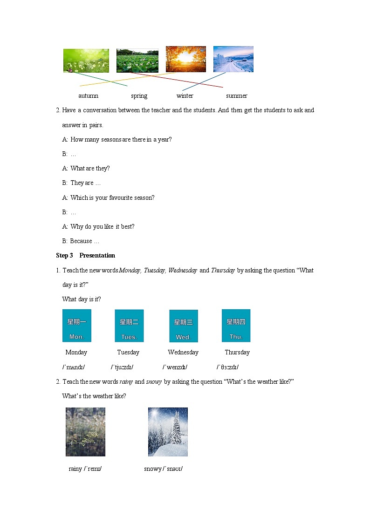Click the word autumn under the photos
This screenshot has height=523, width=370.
[x=88, y=96]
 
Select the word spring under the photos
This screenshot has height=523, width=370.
[x=139, y=96]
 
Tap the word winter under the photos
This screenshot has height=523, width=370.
[x=185, y=96]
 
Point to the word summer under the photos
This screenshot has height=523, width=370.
[x=236, y=96]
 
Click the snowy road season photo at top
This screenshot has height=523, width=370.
[x=233, y=59]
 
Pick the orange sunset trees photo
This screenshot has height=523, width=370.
[x=185, y=59]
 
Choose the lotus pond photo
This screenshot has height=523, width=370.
[x=137, y=61]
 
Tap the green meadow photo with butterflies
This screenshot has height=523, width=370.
[x=86, y=61]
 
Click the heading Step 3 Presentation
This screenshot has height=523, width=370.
[x=85, y=256]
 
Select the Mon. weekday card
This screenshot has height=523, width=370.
[x=76, y=326]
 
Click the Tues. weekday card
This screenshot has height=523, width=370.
[x=129, y=326]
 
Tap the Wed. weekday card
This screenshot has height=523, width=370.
[x=183, y=326]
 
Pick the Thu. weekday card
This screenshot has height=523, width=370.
[x=236, y=325]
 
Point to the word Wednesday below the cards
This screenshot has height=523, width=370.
[x=183, y=353]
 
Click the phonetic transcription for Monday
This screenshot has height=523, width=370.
[x=74, y=367]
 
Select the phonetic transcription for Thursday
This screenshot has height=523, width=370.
[x=227, y=367]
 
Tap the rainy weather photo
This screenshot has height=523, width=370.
[x=85, y=432]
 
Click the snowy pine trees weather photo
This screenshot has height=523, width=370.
[x=168, y=432]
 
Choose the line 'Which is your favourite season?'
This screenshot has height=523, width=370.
[x=112, y=197]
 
